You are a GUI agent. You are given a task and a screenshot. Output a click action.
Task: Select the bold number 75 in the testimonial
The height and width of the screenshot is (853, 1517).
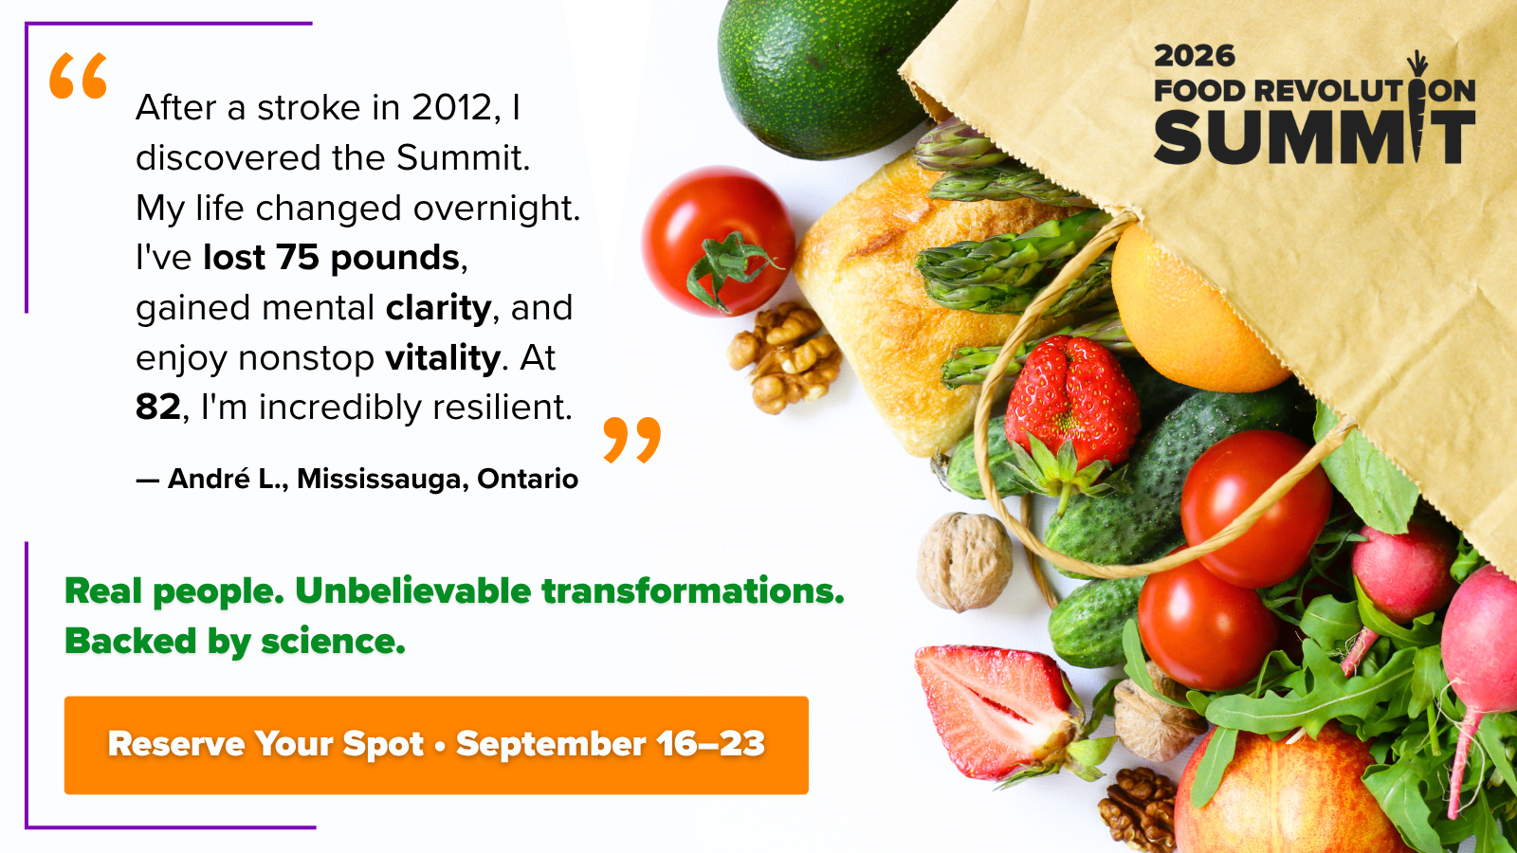click(x=297, y=257)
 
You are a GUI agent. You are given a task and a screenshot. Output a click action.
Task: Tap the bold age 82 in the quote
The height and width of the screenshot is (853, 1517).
click(x=157, y=407)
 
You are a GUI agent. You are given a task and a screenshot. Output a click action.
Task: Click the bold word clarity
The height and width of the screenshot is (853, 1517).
click(x=438, y=309)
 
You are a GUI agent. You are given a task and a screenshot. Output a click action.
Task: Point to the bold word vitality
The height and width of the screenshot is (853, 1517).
click(x=443, y=358)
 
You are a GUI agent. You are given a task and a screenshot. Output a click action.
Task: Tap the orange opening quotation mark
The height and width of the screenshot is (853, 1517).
click(x=78, y=76)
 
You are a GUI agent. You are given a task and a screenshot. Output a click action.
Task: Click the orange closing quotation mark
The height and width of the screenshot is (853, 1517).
click(x=631, y=440)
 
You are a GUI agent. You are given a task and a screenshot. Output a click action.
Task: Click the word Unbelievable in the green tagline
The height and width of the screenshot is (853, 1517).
click(x=413, y=591)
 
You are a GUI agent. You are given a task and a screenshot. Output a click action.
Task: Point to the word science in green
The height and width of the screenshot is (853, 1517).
click(x=333, y=641)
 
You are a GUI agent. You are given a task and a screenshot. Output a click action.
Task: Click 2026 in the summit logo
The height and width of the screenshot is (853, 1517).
click(x=1194, y=56)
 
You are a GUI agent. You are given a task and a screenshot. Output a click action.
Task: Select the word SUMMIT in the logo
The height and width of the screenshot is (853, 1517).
click(x=1314, y=136)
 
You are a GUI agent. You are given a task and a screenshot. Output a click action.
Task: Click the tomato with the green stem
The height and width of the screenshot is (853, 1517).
click(x=718, y=241)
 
